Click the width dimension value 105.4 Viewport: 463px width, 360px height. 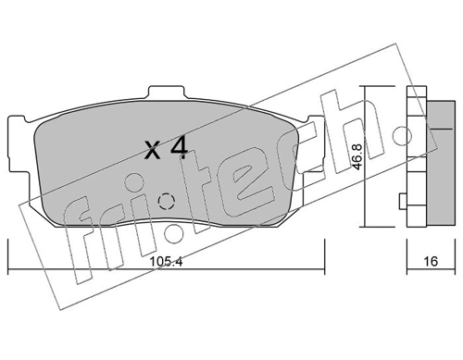pos(167,262)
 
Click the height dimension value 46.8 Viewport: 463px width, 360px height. pos(357,157)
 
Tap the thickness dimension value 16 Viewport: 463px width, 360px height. pos(431,262)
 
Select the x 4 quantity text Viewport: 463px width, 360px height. pos(166,148)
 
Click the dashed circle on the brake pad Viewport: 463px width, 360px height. pos(167,202)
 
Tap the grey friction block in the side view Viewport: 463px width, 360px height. pos(441,163)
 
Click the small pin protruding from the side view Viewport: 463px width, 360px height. pos(403,201)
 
